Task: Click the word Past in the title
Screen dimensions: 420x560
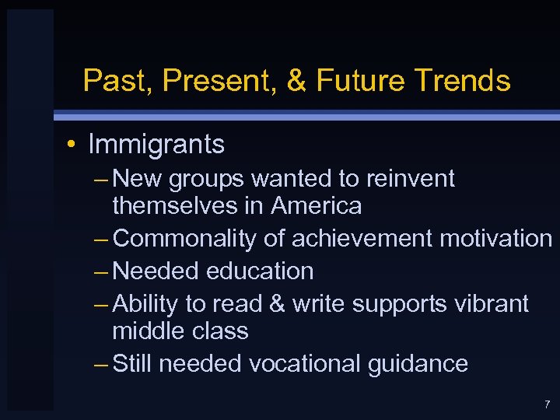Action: point(110,81)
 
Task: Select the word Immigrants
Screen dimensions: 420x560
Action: point(156,145)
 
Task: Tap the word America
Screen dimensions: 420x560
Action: point(317,206)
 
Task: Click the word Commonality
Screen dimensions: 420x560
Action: point(184,239)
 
